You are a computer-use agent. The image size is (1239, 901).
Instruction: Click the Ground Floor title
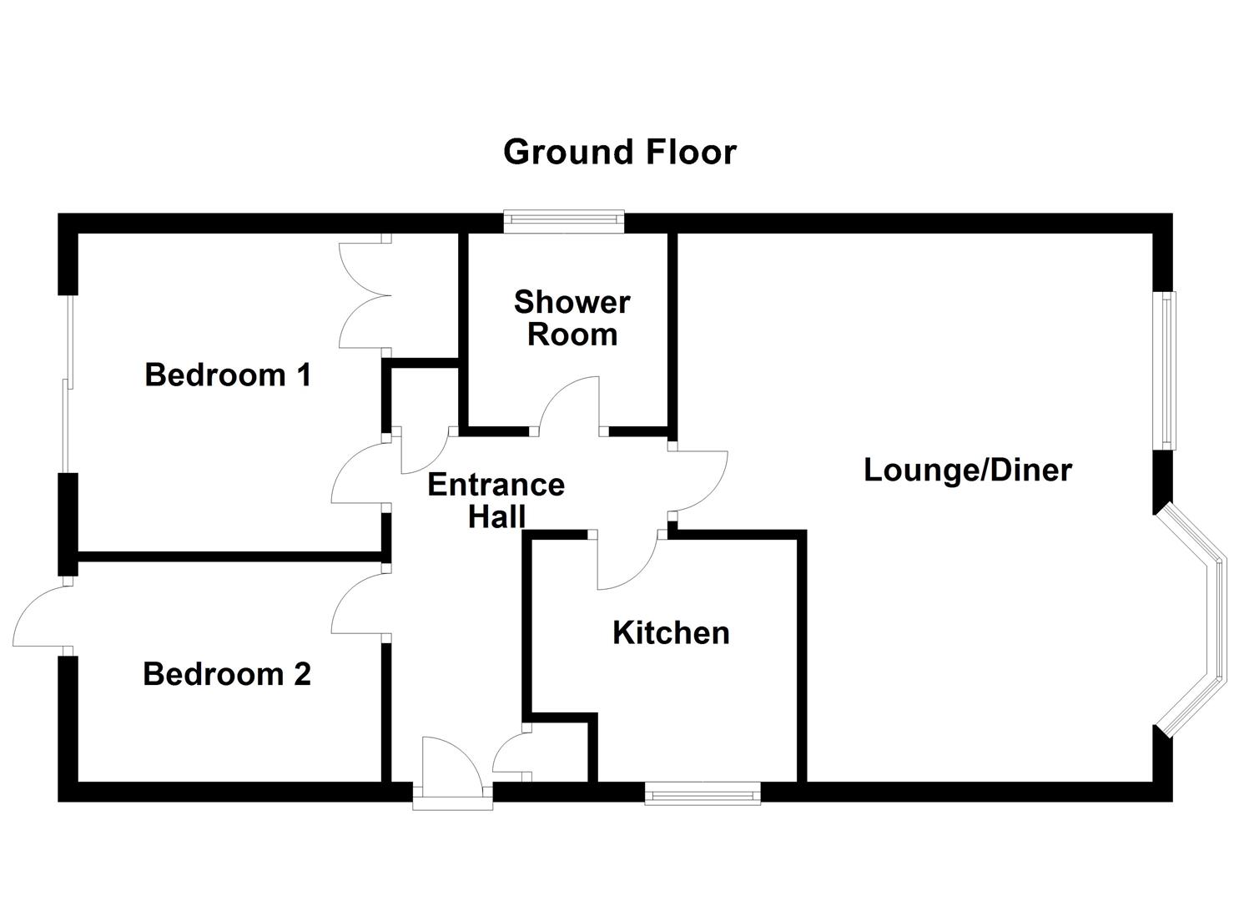point(619,153)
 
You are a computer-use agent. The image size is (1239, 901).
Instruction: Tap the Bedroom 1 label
point(228,375)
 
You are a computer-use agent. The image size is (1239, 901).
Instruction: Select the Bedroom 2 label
point(227,673)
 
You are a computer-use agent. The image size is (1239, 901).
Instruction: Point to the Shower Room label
point(572,317)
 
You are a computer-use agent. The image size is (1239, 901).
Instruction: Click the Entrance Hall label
point(496,500)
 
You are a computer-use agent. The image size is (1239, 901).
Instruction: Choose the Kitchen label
point(671,632)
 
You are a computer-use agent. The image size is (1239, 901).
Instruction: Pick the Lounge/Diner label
point(967,470)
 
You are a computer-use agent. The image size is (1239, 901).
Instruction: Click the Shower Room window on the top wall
point(564,220)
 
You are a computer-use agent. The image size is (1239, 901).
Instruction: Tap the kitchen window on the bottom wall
point(703,793)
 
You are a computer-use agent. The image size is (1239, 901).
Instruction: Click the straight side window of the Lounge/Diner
point(1166,370)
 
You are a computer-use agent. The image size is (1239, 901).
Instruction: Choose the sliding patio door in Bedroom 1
point(67,384)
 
